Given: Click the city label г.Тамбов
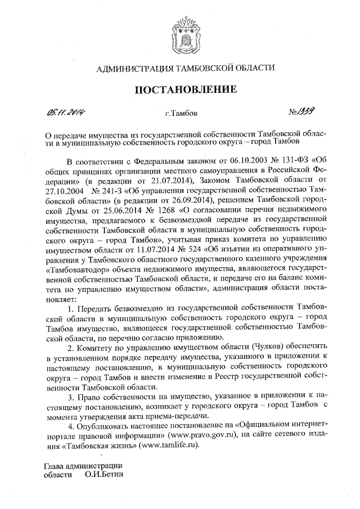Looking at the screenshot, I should click(181, 114).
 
